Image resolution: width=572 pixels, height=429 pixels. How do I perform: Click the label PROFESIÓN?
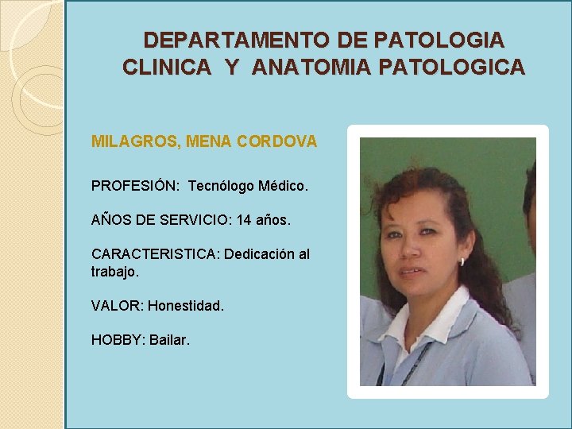point(136,186)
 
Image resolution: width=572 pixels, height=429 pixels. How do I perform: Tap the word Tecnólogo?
point(223,186)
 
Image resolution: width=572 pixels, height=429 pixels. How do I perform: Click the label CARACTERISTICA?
point(156,254)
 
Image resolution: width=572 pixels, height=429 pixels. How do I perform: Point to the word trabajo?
point(114,272)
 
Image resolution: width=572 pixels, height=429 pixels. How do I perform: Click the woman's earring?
point(462,261)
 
